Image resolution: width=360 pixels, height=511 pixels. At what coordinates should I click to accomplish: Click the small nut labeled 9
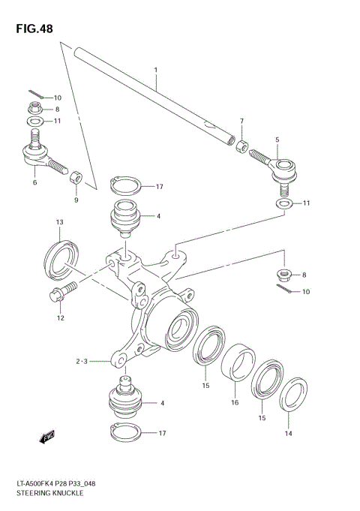click(76, 178)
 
